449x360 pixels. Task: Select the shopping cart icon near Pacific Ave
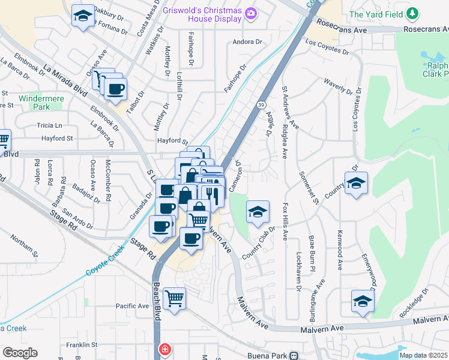(x=174, y=297)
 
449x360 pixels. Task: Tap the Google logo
(x=20, y=352)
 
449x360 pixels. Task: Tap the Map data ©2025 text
(x=423, y=355)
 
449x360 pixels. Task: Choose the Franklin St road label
(x=82, y=345)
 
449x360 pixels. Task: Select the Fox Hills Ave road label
(x=285, y=223)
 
